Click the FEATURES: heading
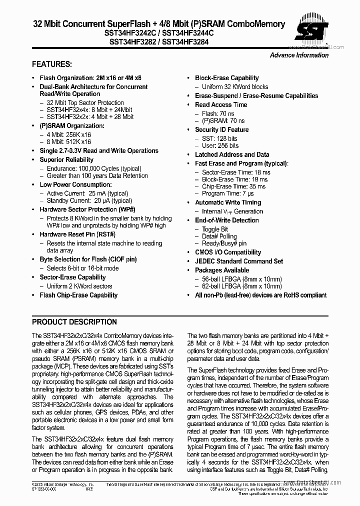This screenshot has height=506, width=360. (52, 64)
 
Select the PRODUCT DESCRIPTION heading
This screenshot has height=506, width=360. (74, 322)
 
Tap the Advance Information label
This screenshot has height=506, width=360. (299, 55)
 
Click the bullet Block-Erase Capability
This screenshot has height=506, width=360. (226, 78)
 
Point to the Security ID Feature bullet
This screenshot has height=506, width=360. (221, 129)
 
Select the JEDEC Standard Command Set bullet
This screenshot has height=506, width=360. (238, 261)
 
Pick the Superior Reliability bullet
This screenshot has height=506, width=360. (66, 159)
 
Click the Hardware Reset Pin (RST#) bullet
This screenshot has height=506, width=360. (77, 234)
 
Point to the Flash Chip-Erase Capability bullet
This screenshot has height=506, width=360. (78, 295)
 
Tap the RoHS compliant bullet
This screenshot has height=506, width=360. (260, 295)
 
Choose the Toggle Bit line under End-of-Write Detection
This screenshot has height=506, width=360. (215, 229)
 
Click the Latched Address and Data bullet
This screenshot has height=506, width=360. (232, 154)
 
